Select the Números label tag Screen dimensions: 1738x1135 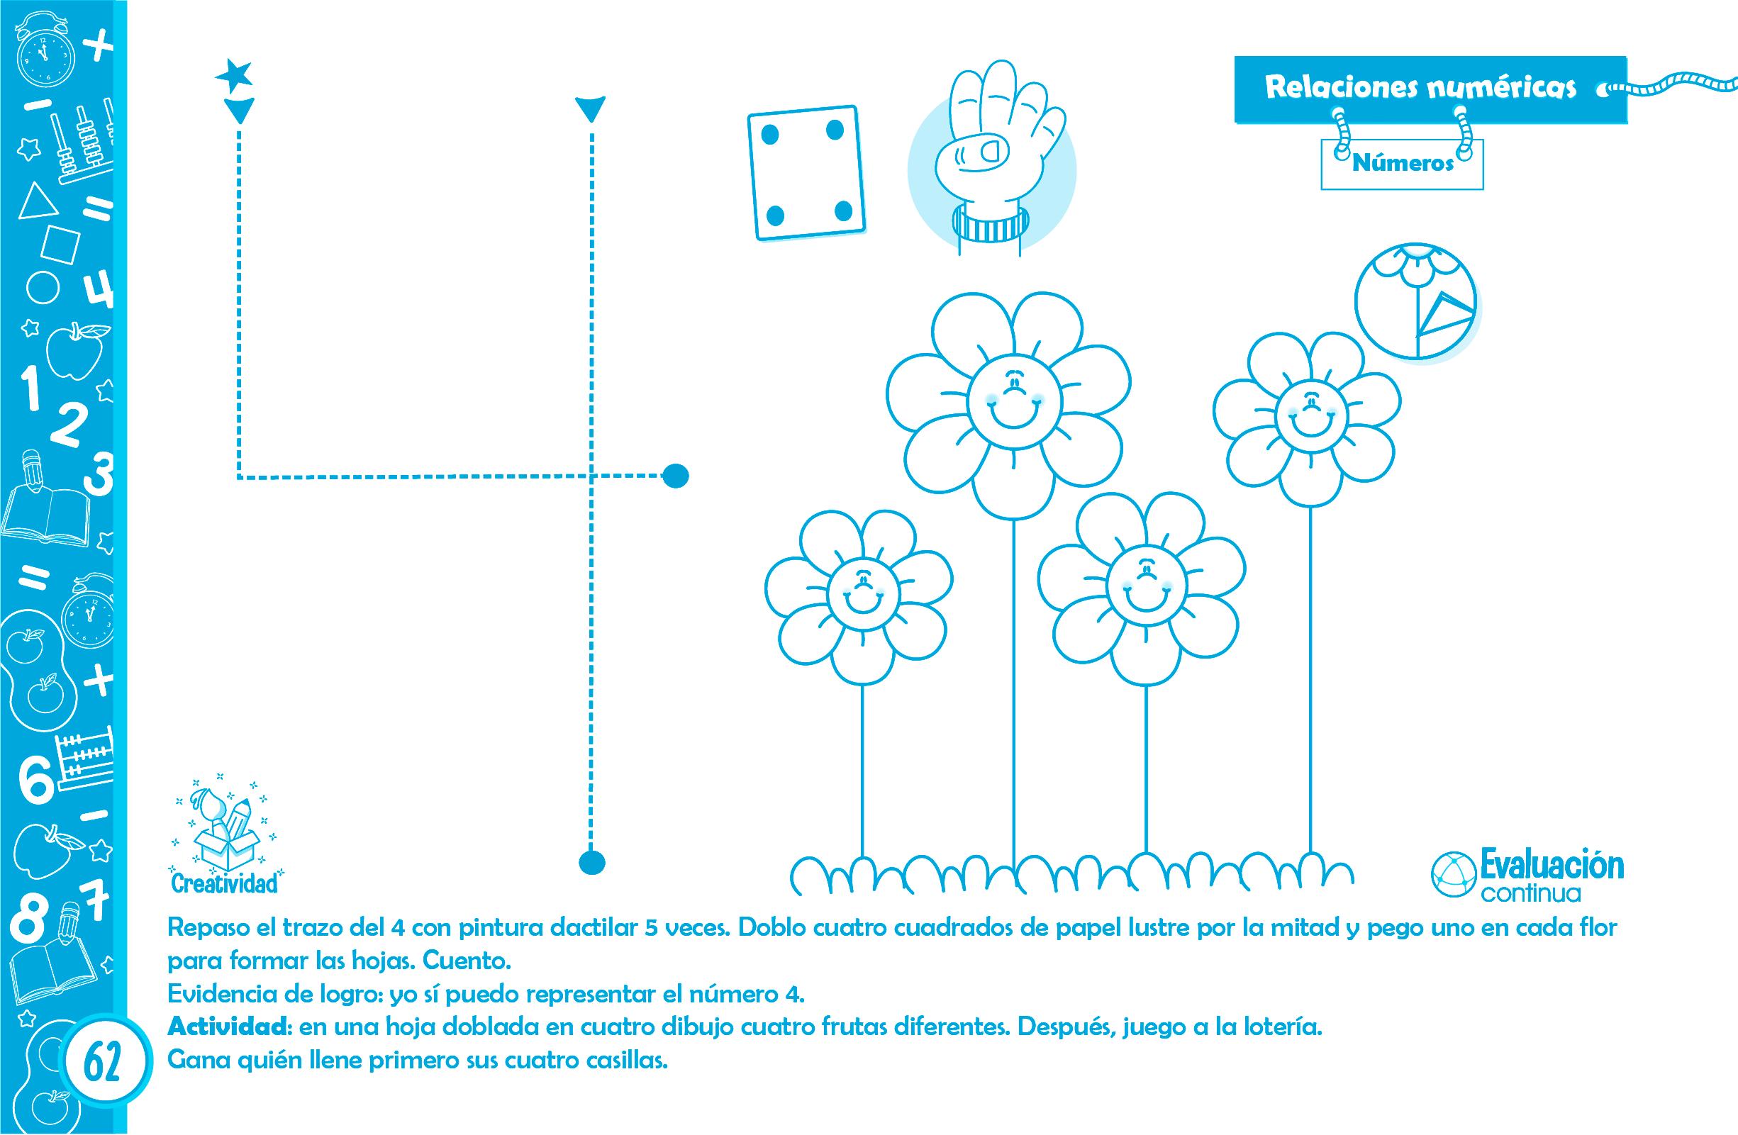[1402, 163]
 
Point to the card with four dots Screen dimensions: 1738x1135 [807, 173]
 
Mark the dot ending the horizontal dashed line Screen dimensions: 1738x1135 [675, 476]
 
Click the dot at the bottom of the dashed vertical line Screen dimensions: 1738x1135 [592, 862]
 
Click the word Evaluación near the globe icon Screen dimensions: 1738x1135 [1551, 868]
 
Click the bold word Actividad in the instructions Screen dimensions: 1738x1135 [228, 1028]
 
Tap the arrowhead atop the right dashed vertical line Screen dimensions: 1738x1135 [591, 109]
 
